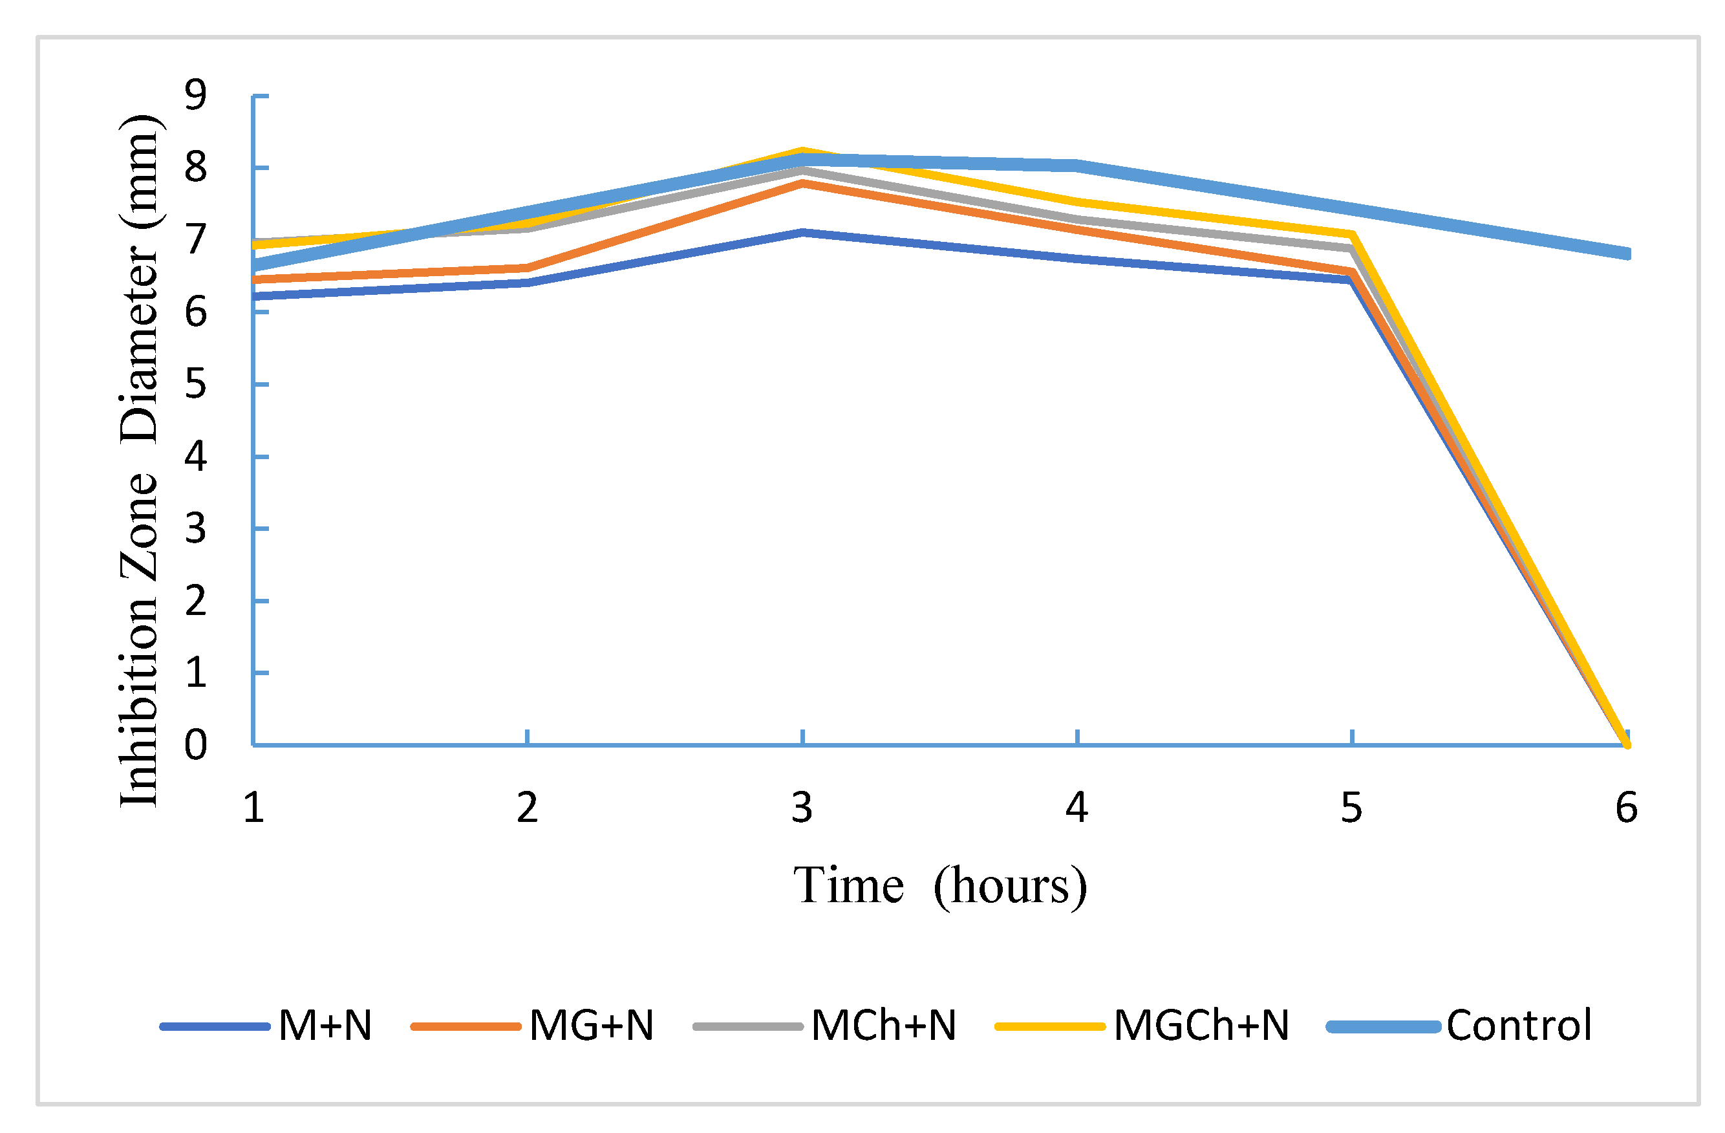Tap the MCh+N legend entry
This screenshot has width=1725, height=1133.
click(825, 1026)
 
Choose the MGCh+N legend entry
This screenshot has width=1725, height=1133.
click(1142, 1026)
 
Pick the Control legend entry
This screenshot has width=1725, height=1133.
click(1460, 1026)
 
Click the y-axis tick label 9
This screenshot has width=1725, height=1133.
click(196, 95)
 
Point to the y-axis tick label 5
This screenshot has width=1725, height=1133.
click(196, 383)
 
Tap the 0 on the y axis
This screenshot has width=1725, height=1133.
click(196, 744)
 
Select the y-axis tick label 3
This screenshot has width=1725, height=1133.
click(196, 528)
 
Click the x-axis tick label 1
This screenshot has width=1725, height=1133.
click(253, 808)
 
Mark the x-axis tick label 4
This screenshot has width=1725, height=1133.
click(1077, 808)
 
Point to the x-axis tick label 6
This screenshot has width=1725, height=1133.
click(1627, 808)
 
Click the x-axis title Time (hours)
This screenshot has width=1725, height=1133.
click(940, 886)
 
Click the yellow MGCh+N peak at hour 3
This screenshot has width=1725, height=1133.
click(802, 151)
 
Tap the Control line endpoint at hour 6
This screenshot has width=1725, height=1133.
click(1627, 254)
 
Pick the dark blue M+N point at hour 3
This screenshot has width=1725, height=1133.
click(802, 232)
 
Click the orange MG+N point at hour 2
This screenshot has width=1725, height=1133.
click(528, 268)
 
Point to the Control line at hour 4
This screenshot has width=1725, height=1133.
click(1077, 166)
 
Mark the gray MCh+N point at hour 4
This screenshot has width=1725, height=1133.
click(1077, 218)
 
